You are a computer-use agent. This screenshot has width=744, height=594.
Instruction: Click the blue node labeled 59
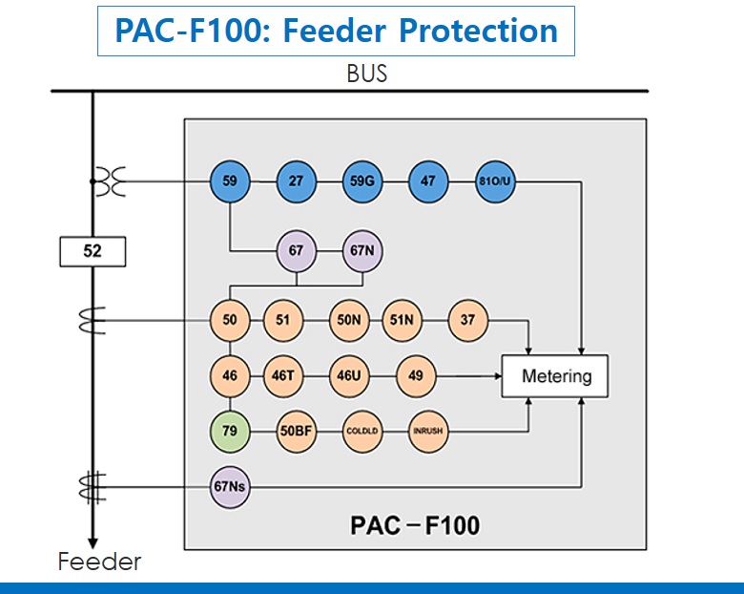(230, 181)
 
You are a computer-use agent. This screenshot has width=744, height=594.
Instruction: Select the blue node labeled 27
(296, 181)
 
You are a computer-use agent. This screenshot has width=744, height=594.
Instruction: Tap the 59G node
(362, 181)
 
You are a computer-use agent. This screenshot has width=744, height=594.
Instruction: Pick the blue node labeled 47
(428, 181)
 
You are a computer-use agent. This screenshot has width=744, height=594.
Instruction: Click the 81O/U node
(495, 181)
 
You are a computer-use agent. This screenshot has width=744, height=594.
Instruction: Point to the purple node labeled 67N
(362, 251)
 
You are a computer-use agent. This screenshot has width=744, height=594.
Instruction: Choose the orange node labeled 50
(230, 321)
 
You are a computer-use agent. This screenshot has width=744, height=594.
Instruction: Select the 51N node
(402, 321)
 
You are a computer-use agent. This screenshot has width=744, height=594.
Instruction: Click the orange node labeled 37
(467, 321)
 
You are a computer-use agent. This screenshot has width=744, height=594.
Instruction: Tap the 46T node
(282, 376)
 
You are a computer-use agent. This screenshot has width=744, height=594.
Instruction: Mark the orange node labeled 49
(415, 376)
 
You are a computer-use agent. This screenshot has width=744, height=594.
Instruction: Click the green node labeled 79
(230, 431)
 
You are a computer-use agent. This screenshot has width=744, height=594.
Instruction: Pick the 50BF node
(296, 431)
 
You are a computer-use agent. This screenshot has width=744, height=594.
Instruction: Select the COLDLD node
(362, 431)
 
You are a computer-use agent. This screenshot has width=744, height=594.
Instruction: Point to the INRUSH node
(428, 431)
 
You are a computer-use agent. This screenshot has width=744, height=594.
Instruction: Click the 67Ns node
(230, 486)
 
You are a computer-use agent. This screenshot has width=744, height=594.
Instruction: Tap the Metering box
(556, 376)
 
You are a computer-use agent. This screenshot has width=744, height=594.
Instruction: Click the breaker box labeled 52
(93, 252)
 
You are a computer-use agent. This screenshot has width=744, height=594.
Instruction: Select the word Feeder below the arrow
(99, 562)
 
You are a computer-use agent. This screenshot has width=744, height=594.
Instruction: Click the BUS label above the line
(367, 74)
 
